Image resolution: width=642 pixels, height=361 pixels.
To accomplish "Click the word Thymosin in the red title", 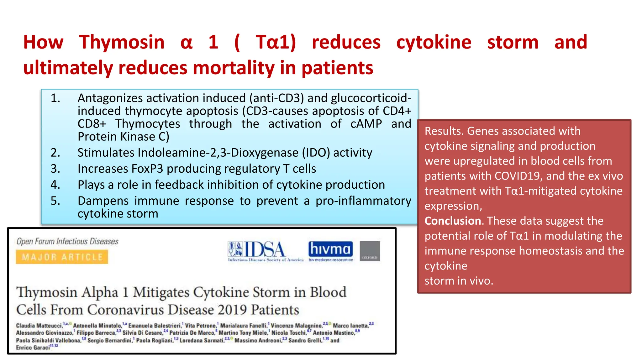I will click(122, 42).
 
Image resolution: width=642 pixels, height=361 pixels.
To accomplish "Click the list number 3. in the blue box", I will click(55, 169).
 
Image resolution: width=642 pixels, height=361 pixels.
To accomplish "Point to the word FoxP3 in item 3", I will click(147, 169).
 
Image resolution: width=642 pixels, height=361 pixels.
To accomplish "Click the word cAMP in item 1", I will click(366, 124).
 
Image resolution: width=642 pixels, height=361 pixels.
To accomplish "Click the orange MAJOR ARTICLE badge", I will click(62, 257).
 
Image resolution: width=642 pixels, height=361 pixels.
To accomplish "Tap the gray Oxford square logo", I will click(370, 251).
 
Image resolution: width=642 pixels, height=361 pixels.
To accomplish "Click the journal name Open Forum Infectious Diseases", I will click(67, 241).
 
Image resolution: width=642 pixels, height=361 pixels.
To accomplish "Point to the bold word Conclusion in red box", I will click(452, 221).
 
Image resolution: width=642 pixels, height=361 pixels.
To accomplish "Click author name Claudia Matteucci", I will click(39, 326).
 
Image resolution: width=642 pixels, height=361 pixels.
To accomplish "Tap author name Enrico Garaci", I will click(33, 348).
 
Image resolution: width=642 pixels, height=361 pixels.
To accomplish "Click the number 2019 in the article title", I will click(232, 310).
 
